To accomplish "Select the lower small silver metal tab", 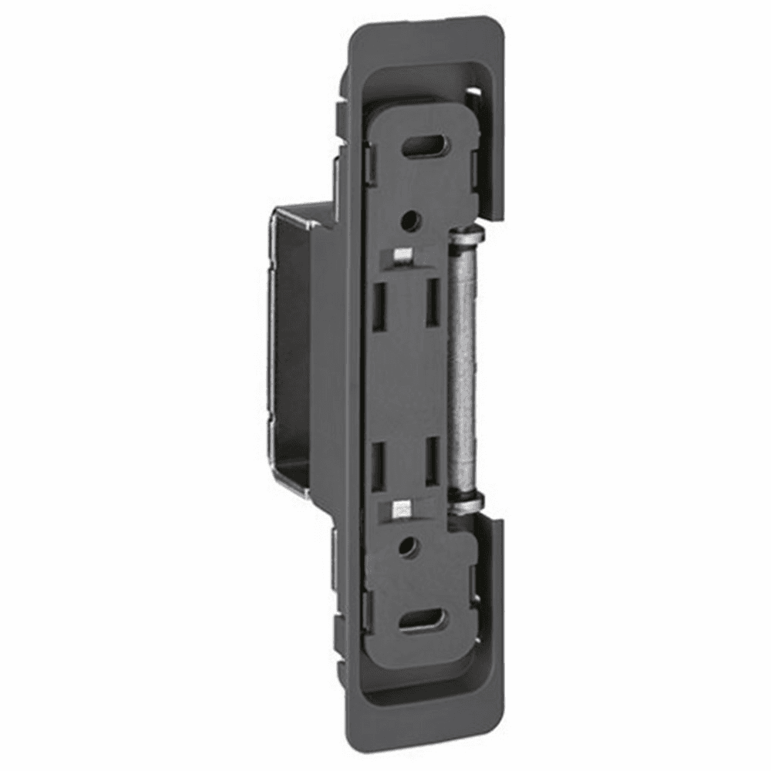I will click(400, 508).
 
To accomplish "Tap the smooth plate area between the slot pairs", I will click(407, 378).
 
